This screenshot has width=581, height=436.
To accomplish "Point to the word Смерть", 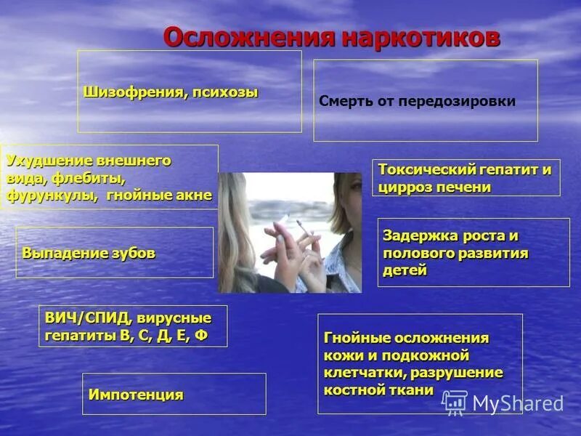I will [x=345, y=102].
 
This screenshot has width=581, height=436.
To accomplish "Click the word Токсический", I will [x=426, y=169].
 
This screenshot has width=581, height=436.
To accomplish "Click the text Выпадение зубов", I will [x=89, y=254].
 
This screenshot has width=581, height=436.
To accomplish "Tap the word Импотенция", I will [x=136, y=395].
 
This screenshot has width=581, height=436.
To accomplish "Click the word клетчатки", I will [x=364, y=373].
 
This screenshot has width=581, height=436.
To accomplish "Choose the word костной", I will [x=354, y=390].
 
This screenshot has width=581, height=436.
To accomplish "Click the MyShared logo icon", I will [x=455, y=401].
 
